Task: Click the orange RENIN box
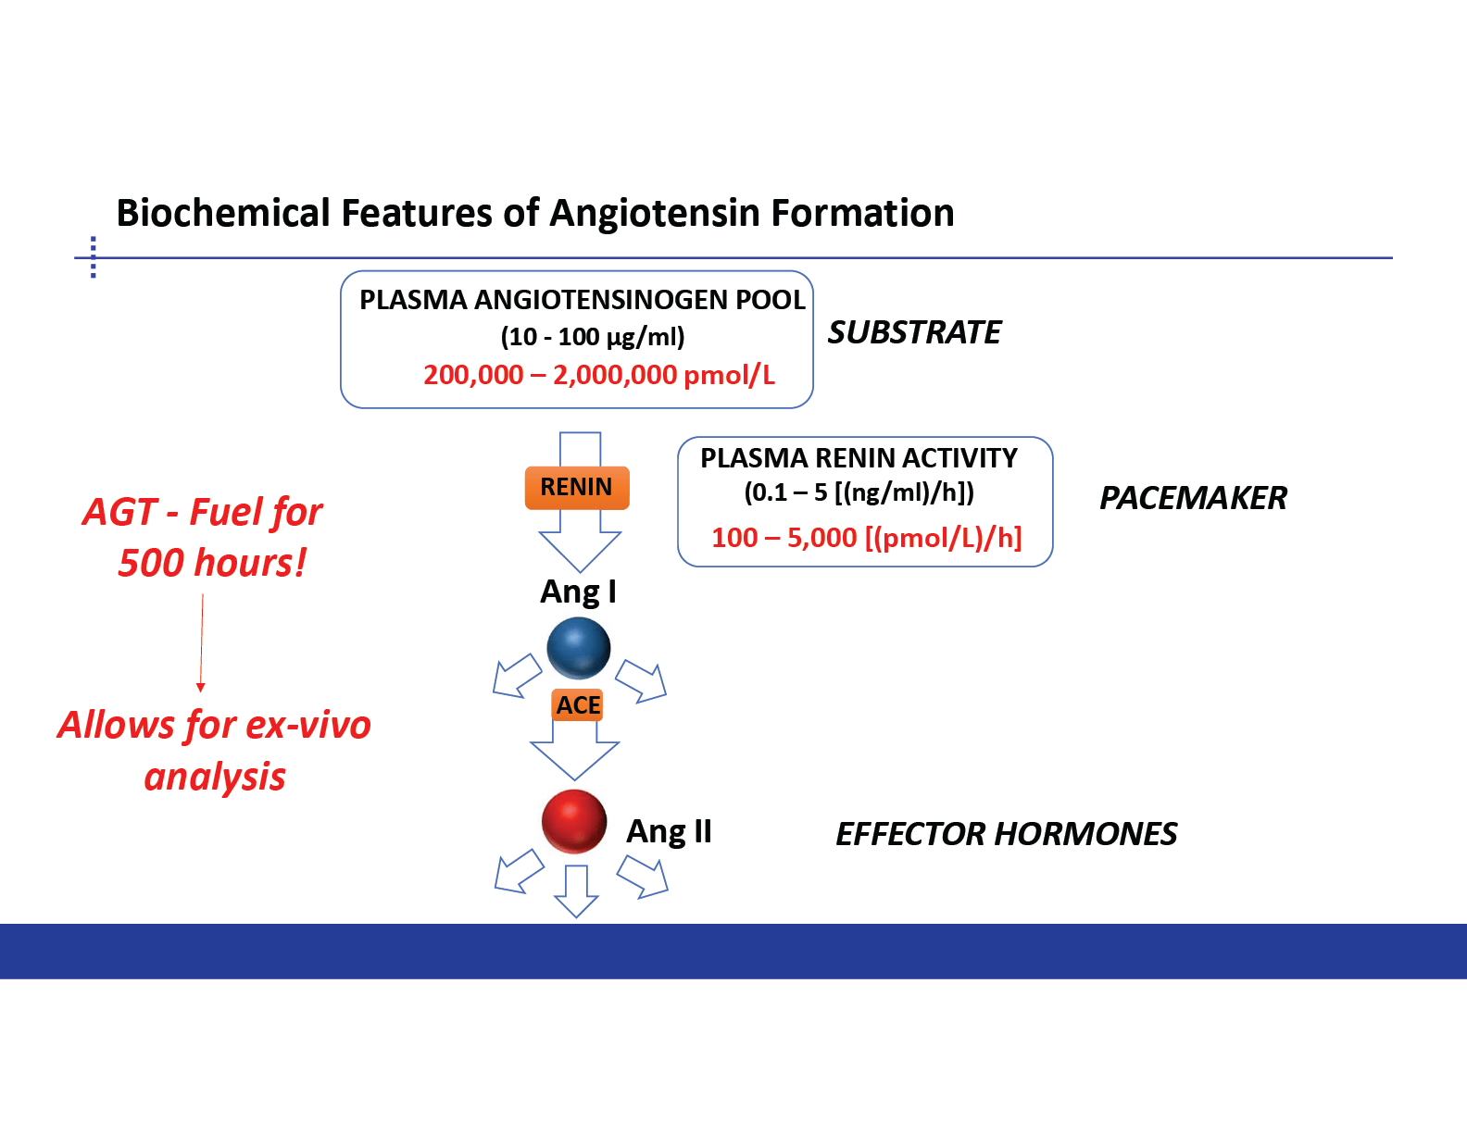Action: pos(577,488)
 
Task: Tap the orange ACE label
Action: pos(577,705)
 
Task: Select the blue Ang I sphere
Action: pos(579,648)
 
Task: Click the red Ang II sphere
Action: pos(574,822)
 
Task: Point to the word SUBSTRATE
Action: pos(915,332)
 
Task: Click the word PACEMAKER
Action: pos(1193,499)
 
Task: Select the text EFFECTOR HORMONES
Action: pos(1006,834)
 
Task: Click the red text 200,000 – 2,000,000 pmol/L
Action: pos(599,375)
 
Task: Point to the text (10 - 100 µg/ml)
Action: pos(593,337)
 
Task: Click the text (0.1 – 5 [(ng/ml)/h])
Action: pos(859,493)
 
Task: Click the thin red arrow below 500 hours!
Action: pos(201,643)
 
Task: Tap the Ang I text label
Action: pos(578,591)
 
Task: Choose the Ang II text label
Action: pos(669,832)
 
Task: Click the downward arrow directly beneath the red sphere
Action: pos(576,890)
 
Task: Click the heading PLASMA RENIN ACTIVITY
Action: pos(859,459)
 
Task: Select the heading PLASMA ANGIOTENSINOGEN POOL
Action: pos(582,300)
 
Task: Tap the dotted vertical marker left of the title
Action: pos(94,257)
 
